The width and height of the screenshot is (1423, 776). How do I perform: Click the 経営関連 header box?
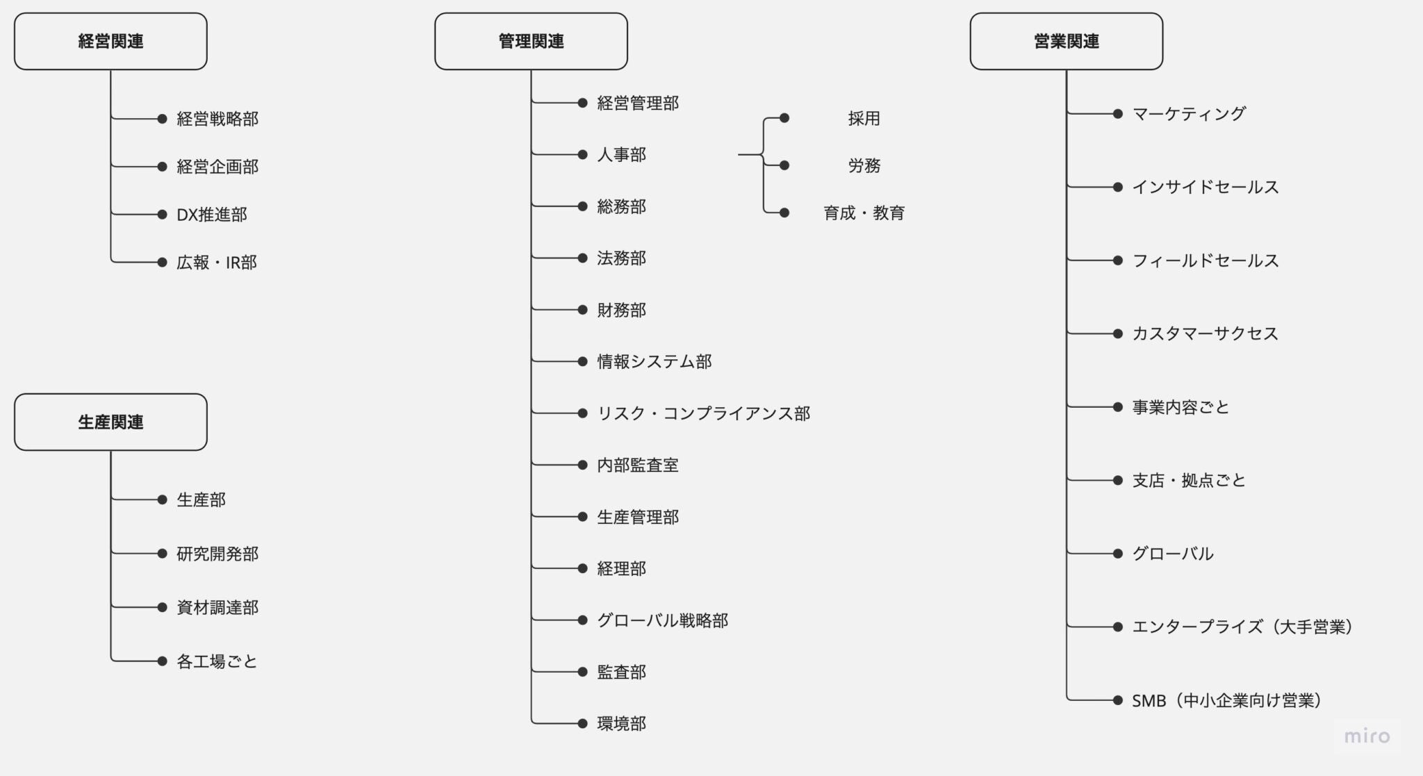[110, 41]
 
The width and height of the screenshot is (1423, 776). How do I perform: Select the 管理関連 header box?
[531, 41]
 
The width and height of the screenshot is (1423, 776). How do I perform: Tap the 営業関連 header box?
[1066, 41]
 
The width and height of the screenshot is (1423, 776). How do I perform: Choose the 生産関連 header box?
[110, 422]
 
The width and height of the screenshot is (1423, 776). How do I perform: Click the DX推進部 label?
[211, 215]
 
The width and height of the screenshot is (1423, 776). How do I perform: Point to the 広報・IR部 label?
[216, 263]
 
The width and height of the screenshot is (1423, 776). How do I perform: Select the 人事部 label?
[621, 154]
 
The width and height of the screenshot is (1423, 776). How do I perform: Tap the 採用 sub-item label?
[864, 119]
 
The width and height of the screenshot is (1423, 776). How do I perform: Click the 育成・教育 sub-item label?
[864, 213]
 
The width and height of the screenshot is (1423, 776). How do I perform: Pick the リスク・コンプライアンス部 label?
[703, 413]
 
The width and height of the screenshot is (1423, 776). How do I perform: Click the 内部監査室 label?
[637, 465]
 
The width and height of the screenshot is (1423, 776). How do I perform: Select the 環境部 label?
[621, 723]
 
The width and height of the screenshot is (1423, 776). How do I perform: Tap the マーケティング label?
[1189, 114]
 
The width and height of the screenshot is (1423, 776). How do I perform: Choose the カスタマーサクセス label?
[1205, 333]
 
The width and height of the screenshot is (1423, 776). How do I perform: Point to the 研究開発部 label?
[217, 554]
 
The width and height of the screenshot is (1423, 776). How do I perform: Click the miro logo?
[1367, 736]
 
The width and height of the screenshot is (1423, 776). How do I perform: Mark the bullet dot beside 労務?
[784, 165]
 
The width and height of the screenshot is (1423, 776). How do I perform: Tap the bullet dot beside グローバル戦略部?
[582, 620]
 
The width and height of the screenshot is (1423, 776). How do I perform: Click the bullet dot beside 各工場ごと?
[162, 661]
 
